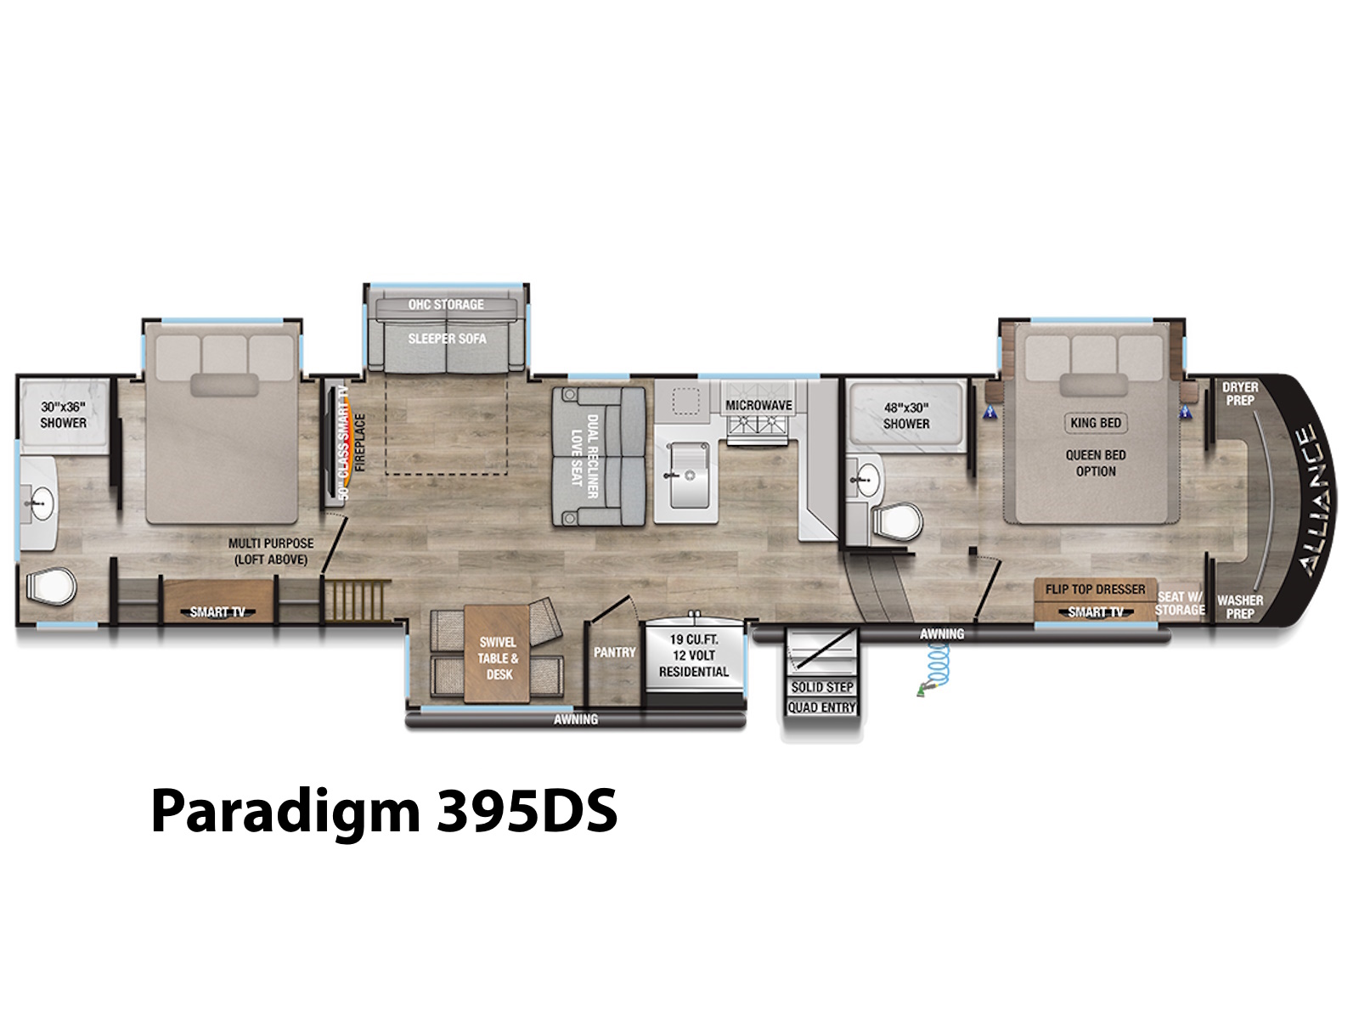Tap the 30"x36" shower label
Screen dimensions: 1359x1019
pos(63,415)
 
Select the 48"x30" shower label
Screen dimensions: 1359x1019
pos(905,416)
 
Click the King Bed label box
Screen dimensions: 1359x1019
pos(1096,423)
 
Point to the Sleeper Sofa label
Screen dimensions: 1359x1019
pos(447,339)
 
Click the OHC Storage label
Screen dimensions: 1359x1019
pos(446,304)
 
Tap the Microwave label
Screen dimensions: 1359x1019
pos(758,406)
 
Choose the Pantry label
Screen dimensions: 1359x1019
pos(615,652)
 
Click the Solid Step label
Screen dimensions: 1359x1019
pos(822,687)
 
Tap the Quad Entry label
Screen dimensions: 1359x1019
pos(822,707)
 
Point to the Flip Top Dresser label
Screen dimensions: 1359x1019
pos(1095,589)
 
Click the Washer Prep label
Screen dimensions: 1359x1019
pos(1240,607)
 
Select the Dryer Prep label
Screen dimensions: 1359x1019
pos(1240,393)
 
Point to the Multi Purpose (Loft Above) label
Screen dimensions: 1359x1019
pos(271,551)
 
